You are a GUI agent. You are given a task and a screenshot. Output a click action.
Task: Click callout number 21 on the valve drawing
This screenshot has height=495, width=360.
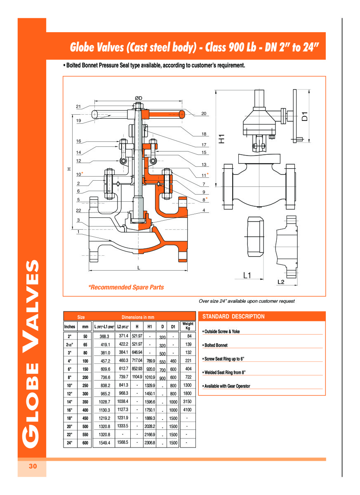pos(78,107)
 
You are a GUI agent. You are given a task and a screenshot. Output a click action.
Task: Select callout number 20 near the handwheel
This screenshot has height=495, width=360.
pos(204,113)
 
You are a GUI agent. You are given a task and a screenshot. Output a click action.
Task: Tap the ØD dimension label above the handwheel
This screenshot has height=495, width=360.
pos(139,98)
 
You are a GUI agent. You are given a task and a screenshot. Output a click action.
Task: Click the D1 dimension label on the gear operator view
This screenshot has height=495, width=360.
pos(305,115)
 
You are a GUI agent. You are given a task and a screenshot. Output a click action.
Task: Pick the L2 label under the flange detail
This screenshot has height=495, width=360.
pos(281,282)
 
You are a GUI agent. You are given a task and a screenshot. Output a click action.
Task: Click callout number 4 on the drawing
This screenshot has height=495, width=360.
pos(204,210)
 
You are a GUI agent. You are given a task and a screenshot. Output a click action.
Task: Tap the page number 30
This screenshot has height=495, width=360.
pos(32,466)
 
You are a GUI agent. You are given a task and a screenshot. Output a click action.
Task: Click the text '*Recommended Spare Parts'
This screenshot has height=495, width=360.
pos(126,287)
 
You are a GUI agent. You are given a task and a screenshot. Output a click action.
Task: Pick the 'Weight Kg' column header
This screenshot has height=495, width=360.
pos(188,326)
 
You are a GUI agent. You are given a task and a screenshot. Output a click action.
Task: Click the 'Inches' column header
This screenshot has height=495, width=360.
pos(70,327)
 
